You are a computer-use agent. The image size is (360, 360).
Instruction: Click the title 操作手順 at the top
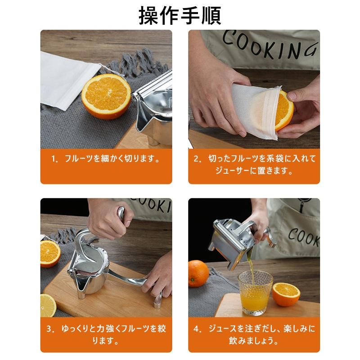pyautogui.click(x=180, y=15)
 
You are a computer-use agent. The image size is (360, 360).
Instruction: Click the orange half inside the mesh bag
pyautogui.click(x=283, y=110)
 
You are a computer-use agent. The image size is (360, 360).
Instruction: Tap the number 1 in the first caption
pyautogui.click(x=54, y=159)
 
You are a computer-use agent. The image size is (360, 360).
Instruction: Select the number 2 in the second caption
pyautogui.click(x=197, y=159)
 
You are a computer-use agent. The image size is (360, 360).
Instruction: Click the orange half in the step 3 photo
pyautogui.click(x=49, y=253)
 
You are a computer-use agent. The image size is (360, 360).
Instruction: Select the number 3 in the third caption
pyautogui.click(x=50, y=328)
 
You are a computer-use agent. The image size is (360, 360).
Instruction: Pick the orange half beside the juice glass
pyautogui.click(x=286, y=294)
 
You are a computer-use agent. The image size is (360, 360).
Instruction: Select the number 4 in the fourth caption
pyautogui.click(x=197, y=328)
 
